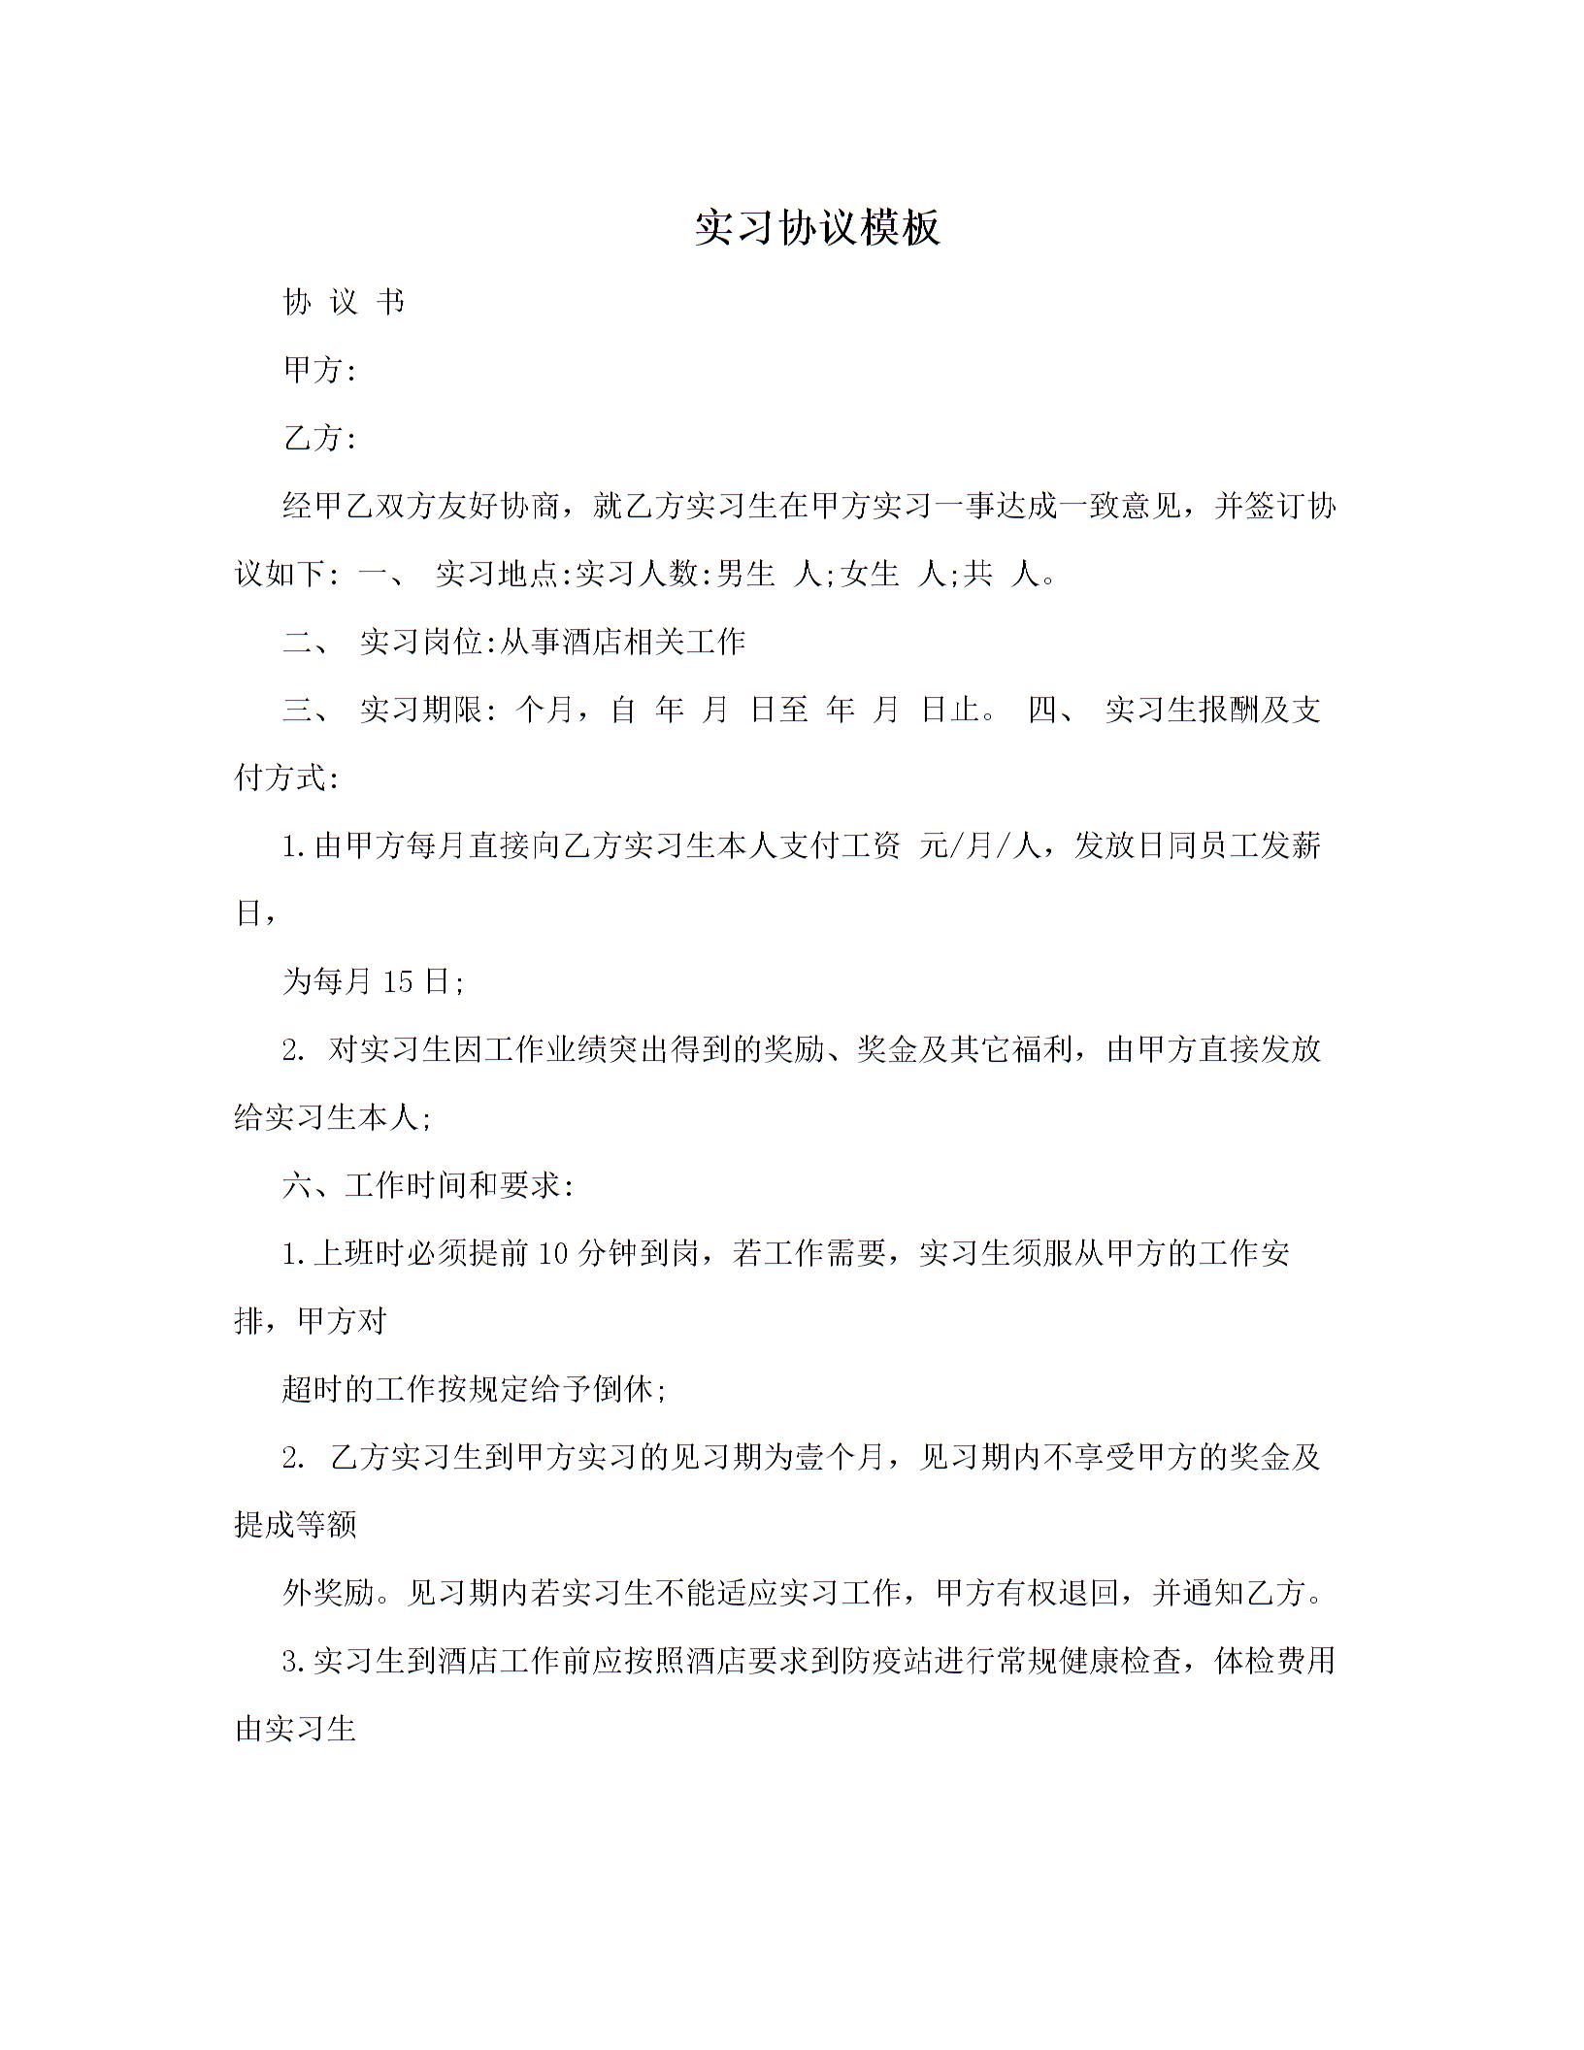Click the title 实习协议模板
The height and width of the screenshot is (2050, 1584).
point(817,228)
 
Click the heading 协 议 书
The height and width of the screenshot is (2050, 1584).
point(344,303)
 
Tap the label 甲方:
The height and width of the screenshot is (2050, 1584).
point(319,370)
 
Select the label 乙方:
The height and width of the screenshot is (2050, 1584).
point(319,438)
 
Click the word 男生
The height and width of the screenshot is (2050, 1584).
point(745,574)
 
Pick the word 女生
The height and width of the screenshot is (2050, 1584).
point(871,574)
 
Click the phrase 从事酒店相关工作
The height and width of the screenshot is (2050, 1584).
point(622,642)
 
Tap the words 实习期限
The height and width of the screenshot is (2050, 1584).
point(420,710)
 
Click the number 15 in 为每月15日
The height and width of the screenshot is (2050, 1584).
point(398,981)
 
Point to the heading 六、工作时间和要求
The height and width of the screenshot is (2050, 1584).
point(427,1185)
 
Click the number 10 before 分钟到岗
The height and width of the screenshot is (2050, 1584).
point(551,1253)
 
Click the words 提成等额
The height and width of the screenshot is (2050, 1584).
point(296,1525)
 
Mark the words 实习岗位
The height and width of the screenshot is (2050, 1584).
point(420,642)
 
